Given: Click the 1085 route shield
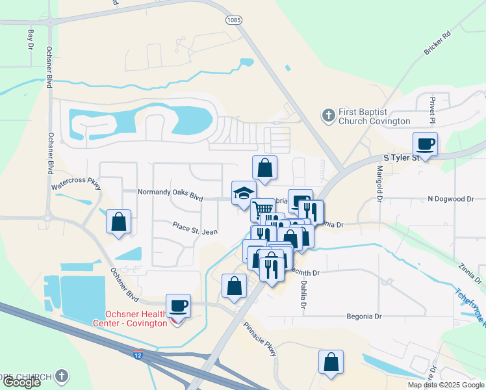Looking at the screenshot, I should (234, 21).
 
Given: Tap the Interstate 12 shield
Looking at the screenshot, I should (138, 355).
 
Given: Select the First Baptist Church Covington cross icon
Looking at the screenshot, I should (328, 116).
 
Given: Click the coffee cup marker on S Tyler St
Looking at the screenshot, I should (426, 144).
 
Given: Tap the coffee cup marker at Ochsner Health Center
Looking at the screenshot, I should (178, 305).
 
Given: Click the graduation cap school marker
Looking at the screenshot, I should (244, 192).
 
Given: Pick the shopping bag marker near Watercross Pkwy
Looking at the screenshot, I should (119, 222).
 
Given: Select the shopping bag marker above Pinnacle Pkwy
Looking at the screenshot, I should (234, 285).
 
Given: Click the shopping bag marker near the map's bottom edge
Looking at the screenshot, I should (331, 362).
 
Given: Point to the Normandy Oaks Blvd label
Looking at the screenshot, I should (171, 192).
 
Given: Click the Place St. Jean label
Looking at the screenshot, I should (195, 230).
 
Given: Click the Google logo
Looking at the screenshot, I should (21, 382).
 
